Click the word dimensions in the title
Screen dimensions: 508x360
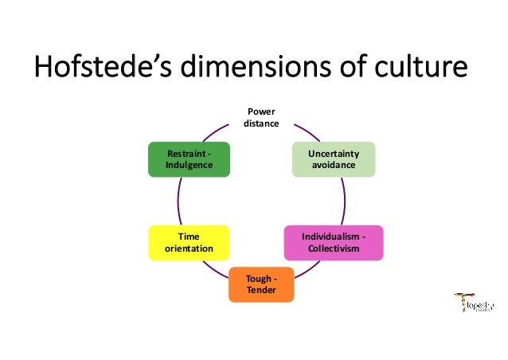click(268, 68)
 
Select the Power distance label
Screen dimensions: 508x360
click(261, 119)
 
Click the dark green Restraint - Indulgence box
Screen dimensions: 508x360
click(190, 159)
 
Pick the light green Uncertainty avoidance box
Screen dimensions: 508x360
click(334, 159)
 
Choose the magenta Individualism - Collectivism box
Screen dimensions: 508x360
click(334, 243)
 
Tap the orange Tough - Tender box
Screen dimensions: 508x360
click(261, 284)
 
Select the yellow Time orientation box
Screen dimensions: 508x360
click(189, 243)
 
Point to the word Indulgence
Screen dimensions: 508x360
click(190, 165)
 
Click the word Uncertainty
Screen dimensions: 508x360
click(334, 153)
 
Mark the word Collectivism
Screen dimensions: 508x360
click(334, 249)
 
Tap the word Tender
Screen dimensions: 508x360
click(261, 290)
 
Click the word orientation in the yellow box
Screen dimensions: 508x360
click(189, 249)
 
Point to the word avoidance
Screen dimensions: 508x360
click(334, 165)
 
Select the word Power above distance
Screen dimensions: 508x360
click(261, 112)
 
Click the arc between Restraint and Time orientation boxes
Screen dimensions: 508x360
click(179, 201)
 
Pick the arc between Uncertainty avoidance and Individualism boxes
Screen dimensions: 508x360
click(343, 201)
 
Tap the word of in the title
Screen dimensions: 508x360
click(367, 68)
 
